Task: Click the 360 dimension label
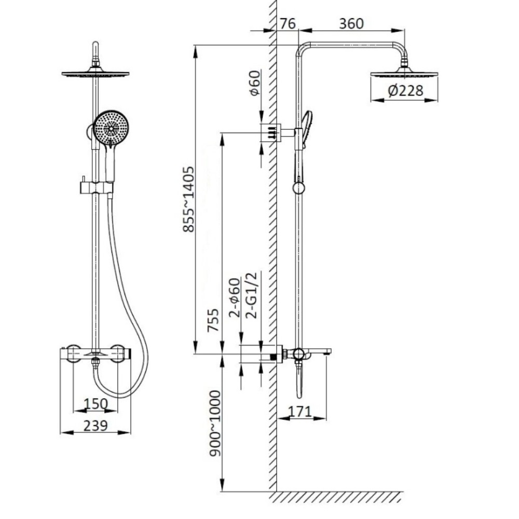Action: click(351, 23)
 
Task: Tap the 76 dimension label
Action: click(288, 23)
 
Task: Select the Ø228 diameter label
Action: click(405, 90)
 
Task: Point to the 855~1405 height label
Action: click(189, 199)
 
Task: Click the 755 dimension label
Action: click(213, 320)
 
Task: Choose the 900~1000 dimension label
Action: click(215, 424)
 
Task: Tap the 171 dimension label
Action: click(299, 412)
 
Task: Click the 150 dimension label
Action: click(95, 404)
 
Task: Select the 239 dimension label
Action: click(95, 426)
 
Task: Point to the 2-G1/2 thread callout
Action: click(252, 295)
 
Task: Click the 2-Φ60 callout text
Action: click(235, 297)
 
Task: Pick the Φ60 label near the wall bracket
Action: click(255, 83)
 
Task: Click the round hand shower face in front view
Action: click(111, 128)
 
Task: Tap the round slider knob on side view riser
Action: click(299, 188)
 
